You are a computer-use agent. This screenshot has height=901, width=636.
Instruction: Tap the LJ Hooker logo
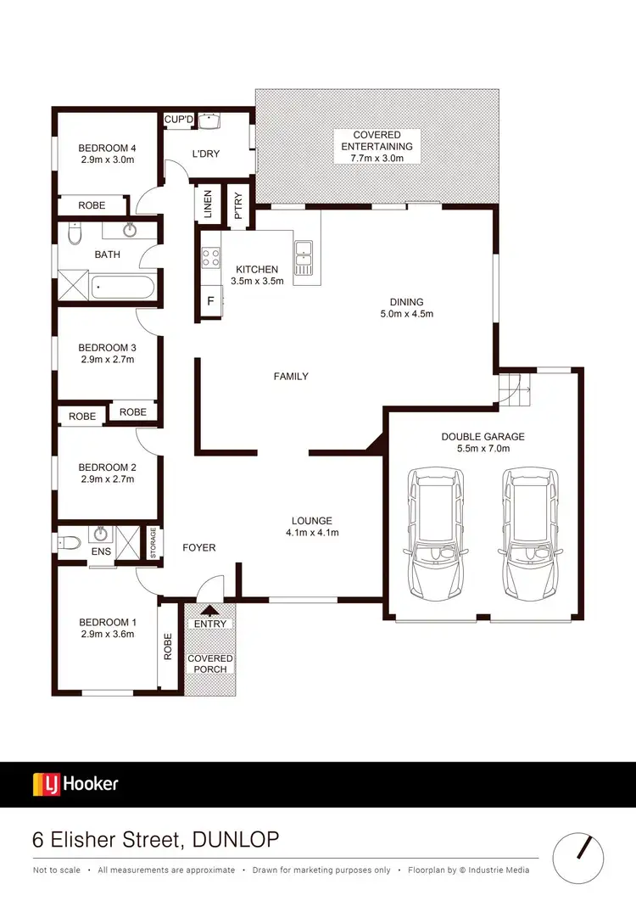click(75, 784)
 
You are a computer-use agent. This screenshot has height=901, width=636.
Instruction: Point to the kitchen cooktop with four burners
click(210, 257)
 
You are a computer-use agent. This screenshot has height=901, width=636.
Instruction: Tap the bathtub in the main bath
click(124, 288)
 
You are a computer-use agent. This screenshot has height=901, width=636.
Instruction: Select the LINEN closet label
click(208, 204)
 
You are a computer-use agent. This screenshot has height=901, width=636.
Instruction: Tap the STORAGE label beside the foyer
click(153, 540)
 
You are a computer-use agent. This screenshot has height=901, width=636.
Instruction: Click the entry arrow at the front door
click(209, 608)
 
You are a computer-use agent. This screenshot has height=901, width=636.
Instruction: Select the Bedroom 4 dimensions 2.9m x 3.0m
click(107, 159)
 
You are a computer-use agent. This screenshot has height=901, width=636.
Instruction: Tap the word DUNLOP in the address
click(236, 840)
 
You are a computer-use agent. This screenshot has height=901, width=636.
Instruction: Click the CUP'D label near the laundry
click(179, 120)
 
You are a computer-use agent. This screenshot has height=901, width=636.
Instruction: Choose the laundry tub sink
click(209, 120)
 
